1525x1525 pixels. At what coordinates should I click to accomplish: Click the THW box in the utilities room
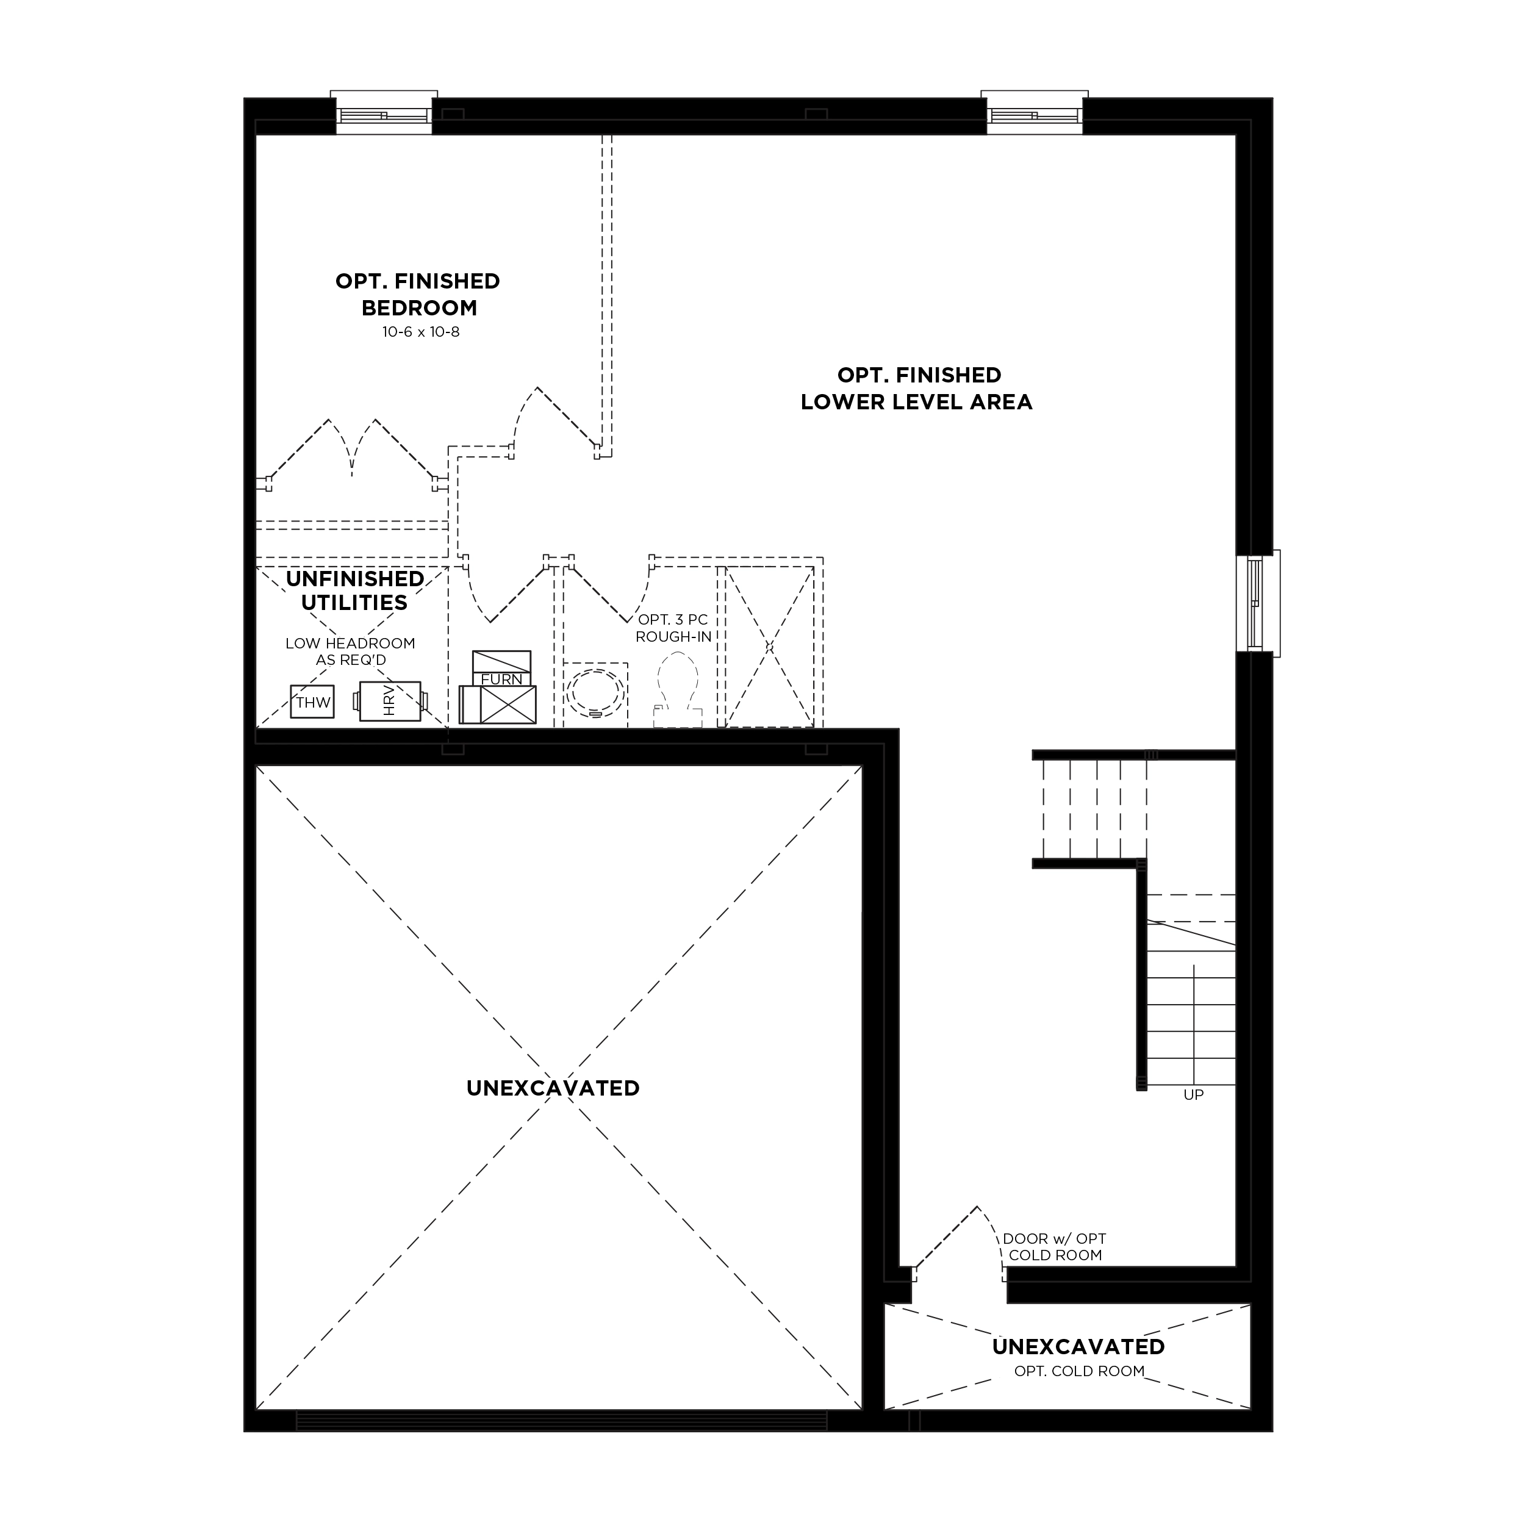tap(312, 701)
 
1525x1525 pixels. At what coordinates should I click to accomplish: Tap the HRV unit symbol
tap(390, 701)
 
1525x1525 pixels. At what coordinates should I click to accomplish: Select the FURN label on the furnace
tap(502, 679)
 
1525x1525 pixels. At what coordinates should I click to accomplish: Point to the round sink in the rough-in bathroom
tap(596, 693)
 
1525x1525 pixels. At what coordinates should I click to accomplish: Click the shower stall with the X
tap(770, 647)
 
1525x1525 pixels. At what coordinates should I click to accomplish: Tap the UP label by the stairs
tap(1194, 1095)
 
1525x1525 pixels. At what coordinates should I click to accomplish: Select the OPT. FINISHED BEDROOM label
tap(418, 295)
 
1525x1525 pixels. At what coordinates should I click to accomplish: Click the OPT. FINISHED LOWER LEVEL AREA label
tap(917, 389)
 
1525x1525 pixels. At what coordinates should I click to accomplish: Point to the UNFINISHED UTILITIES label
tap(354, 590)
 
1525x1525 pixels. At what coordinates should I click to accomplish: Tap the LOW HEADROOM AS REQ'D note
tap(351, 651)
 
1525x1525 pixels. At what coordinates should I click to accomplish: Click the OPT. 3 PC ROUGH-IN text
tap(673, 628)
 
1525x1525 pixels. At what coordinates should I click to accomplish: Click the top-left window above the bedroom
tap(384, 112)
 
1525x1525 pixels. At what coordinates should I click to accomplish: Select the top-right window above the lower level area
tap(1035, 112)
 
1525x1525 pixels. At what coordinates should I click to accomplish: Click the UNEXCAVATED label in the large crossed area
tap(553, 1088)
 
